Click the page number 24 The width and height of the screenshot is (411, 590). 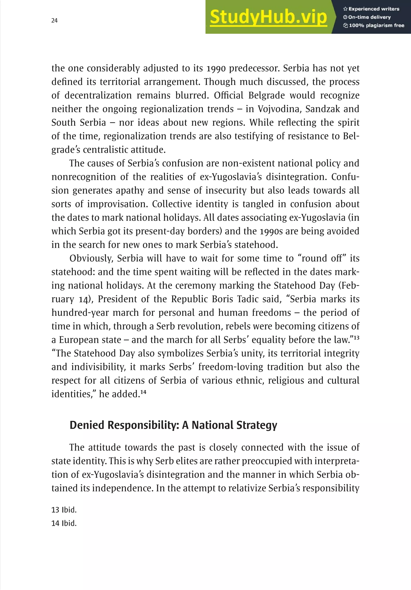point(54,21)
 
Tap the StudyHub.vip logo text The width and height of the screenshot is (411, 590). point(268,17)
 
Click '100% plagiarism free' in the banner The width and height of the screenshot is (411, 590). point(374,25)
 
